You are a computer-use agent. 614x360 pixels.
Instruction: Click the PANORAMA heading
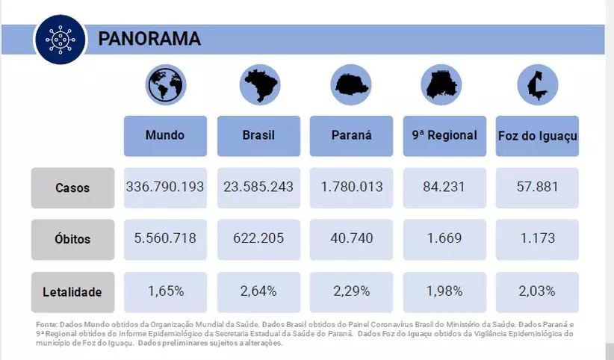pos(149,39)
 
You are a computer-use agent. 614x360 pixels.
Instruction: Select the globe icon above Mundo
pos(166,84)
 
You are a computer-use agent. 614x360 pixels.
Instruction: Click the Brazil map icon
pos(259,84)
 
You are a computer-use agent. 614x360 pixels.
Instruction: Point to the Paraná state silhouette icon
pos(351,84)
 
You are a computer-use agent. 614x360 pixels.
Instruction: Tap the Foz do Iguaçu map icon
pos(536,84)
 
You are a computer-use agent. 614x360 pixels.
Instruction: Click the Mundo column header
pos(165,136)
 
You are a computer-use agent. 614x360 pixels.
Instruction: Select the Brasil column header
pos(258,136)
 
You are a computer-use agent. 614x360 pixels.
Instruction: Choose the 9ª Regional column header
pos(444,136)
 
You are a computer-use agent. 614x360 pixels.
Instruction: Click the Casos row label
pos(72,188)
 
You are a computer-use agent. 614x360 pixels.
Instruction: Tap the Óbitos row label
pos(72,240)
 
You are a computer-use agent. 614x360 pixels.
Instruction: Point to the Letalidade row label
pos(72,292)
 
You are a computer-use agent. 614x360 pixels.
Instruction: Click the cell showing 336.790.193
pos(165,187)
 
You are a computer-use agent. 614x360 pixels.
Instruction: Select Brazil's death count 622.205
pos(258,239)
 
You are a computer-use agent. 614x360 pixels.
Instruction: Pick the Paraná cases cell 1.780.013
pos(351,187)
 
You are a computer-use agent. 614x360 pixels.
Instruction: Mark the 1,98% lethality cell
pos(444,291)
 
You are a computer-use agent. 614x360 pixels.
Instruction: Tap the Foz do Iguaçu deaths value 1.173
pos(536,239)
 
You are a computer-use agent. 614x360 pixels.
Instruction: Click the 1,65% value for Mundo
pos(165,291)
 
